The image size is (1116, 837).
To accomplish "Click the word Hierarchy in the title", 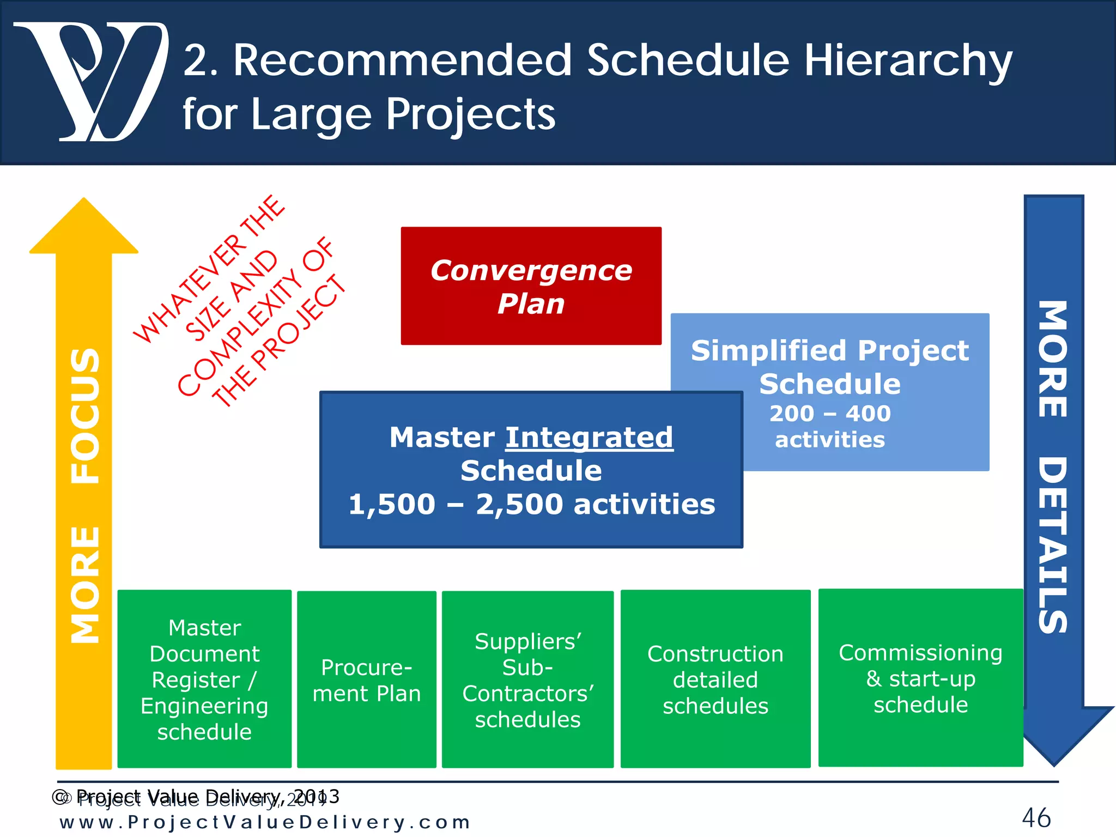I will (x=907, y=61).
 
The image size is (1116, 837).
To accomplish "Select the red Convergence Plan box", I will (x=531, y=286).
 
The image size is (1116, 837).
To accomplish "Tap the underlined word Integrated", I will (x=589, y=438).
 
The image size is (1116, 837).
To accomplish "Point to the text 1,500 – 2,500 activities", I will (x=531, y=504).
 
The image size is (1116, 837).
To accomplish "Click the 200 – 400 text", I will (x=829, y=414).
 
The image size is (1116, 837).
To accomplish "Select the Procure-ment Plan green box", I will (x=366, y=680).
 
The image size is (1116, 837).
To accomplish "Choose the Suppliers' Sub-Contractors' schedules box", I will (x=527, y=680).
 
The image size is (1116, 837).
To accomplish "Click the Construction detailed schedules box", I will (x=715, y=680).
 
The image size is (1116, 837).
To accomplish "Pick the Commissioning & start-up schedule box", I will (x=920, y=678).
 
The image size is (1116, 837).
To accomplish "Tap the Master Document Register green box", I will (x=204, y=680).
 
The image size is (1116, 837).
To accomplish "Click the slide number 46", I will (x=1036, y=818).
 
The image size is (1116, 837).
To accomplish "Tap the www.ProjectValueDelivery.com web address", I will (x=265, y=822).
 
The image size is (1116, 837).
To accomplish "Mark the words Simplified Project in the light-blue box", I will (x=829, y=350).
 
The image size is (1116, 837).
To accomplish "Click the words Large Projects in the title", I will (x=403, y=114).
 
